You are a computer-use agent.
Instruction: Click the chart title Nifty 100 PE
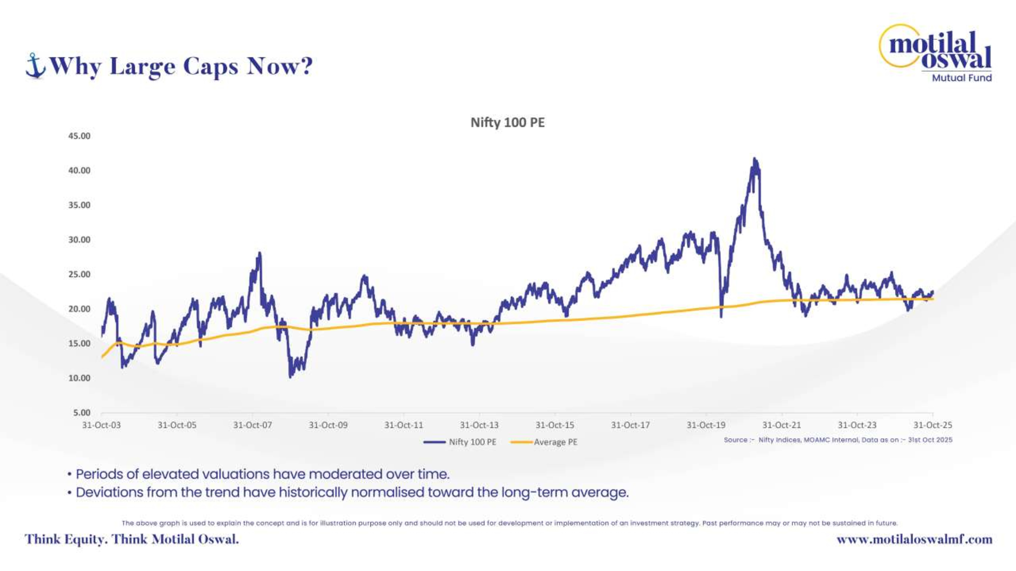(507, 123)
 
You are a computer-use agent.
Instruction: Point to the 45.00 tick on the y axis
(79, 136)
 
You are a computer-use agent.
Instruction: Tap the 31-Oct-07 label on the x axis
(252, 425)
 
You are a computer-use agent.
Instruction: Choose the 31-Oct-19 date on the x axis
(706, 425)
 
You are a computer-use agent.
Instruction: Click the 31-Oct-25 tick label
(932, 425)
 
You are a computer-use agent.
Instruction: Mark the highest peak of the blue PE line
(754, 159)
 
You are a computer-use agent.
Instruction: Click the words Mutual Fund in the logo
(962, 78)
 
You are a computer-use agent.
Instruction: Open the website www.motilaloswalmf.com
(914, 540)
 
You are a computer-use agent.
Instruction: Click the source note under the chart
(838, 440)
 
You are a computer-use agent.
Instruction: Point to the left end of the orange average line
(102, 357)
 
